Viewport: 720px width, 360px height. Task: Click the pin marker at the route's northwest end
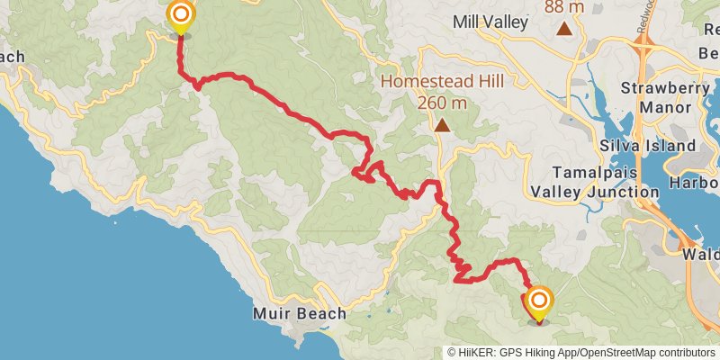(181, 16)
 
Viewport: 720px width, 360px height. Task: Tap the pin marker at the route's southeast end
(539, 301)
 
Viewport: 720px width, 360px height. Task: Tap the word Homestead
(421, 81)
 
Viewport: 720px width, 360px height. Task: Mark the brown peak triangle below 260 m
(442, 126)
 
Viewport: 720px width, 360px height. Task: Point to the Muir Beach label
(299, 314)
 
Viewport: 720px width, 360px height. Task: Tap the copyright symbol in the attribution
(453, 353)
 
